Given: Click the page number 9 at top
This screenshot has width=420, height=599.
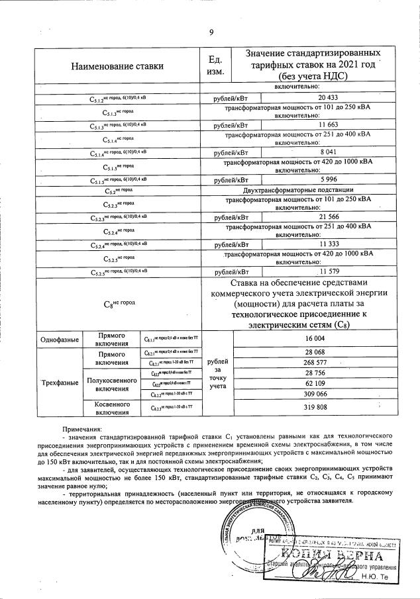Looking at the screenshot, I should tap(211, 32).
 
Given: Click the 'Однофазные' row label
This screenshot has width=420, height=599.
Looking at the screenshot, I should tap(60, 339).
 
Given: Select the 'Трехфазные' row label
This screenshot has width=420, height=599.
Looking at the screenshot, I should tap(60, 383).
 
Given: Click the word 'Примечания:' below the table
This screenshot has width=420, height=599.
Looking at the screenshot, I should tap(83, 430).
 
